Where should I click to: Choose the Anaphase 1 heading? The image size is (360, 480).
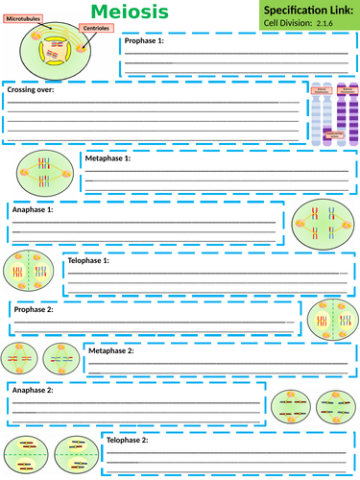click(x=32, y=208)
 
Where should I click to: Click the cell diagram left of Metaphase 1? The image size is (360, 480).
click(x=42, y=173)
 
